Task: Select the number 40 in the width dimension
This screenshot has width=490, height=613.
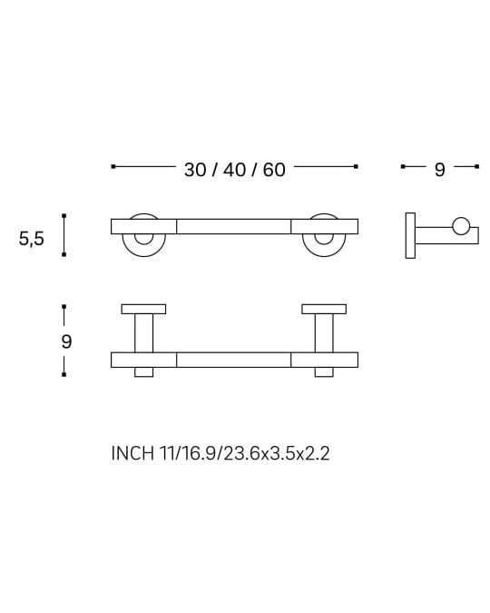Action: (235, 170)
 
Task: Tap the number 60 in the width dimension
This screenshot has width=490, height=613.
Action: (273, 170)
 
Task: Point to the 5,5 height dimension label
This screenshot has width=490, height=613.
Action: (32, 239)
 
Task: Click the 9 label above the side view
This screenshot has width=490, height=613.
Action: (439, 170)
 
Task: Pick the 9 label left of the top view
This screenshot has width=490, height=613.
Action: (66, 341)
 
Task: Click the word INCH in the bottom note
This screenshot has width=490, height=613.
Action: (132, 453)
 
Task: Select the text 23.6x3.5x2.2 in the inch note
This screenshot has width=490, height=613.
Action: (277, 453)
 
